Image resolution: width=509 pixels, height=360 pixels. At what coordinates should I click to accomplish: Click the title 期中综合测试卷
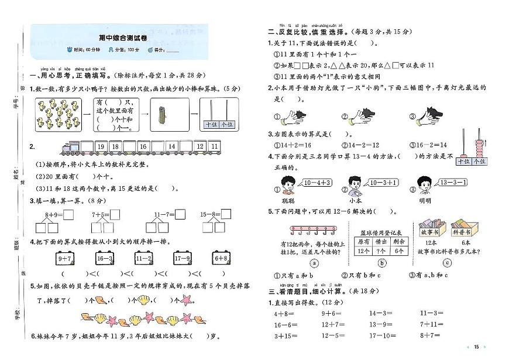tap(122, 38)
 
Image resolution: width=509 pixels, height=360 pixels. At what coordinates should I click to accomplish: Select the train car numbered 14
tap(171, 146)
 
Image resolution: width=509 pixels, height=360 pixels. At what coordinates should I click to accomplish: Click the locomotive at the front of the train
tap(68, 146)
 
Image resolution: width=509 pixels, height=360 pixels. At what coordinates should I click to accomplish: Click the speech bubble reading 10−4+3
tap(318, 183)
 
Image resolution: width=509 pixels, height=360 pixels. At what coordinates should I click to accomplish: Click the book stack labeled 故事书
tap(432, 227)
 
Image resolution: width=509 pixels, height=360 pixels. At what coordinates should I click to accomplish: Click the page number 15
tap(476, 347)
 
